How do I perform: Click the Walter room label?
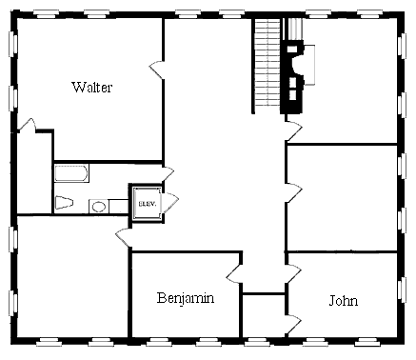tap(92, 87)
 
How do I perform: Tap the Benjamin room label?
tap(186, 298)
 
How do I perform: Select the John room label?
tap(344, 300)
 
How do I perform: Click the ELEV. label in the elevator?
tap(148, 204)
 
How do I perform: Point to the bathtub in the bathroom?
tap(71, 173)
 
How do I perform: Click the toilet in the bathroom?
tap(65, 203)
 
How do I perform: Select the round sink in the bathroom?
tap(99, 207)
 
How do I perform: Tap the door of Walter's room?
tap(156, 70)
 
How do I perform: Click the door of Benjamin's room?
tap(234, 273)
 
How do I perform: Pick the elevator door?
tap(170, 202)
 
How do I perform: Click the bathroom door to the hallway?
tap(168, 174)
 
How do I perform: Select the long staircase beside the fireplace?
tap(267, 63)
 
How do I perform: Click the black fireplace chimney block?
tap(292, 77)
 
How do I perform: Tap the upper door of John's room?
tap(293, 274)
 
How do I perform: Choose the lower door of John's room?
tap(293, 324)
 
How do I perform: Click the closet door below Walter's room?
tap(27, 125)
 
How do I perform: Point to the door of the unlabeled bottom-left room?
tap(124, 237)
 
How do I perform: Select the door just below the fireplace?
tap(294, 130)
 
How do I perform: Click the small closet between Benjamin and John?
tap(264, 315)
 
